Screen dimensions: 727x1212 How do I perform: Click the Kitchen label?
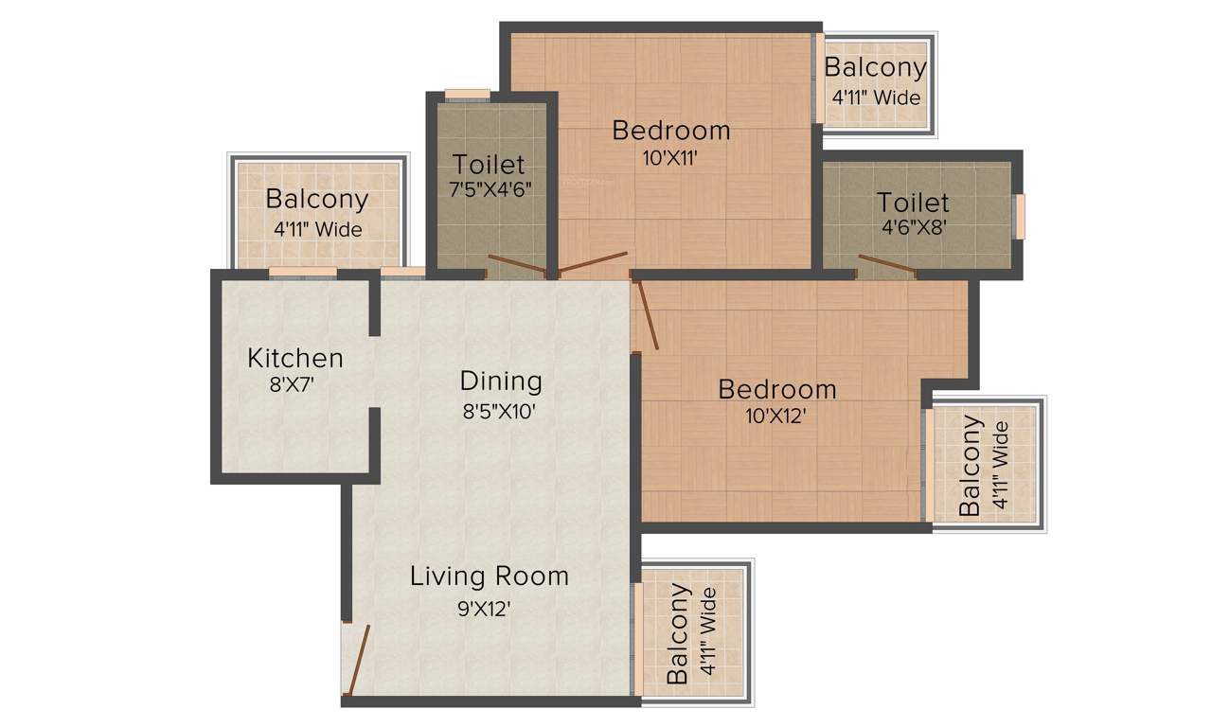[294, 359]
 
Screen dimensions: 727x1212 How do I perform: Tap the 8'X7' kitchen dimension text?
[294, 384]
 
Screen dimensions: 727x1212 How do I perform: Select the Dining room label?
[501, 381]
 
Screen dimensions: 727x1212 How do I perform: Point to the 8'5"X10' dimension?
[499, 411]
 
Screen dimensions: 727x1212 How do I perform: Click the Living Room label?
[489, 576]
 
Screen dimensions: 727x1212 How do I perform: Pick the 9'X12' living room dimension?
[484, 609]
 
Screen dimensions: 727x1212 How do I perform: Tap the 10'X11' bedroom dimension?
[669, 159]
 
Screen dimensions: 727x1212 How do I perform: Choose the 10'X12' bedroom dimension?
[775, 416]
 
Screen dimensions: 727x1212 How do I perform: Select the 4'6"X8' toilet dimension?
[913, 227]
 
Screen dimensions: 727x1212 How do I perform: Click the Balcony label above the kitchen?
[316, 200]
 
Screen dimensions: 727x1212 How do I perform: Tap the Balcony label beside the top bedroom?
[875, 68]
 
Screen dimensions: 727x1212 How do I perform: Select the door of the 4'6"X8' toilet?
[887, 264]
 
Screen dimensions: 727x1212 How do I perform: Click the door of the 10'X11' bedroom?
[593, 263]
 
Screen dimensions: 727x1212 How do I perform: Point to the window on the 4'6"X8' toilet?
[1020, 216]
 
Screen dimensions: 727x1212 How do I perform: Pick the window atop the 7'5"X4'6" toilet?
[468, 94]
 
